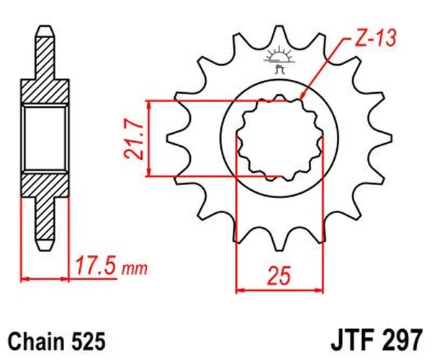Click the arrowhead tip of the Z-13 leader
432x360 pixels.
pos(302,99)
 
